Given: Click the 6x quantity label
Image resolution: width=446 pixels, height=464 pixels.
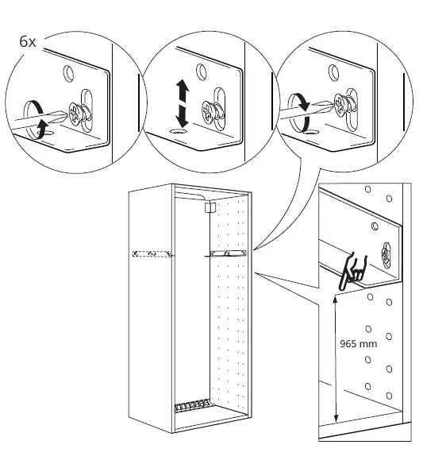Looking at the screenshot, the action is click(x=28, y=41).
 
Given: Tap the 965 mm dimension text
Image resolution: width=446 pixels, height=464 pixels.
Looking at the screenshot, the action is click(x=358, y=344).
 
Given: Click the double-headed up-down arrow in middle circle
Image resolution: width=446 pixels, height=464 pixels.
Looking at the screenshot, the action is click(x=182, y=103).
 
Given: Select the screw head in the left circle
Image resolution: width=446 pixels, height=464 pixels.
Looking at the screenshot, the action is click(x=75, y=114).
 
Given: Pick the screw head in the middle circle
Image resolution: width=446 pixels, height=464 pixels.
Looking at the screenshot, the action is click(x=209, y=111).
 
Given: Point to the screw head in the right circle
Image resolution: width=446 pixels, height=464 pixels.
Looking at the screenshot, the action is click(x=341, y=104).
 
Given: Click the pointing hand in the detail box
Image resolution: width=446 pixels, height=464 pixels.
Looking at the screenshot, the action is click(x=352, y=273).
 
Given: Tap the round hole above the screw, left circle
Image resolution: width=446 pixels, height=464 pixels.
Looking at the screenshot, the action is click(x=68, y=73).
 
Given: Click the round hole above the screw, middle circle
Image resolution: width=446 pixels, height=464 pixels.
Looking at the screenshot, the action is click(x=202, y=72).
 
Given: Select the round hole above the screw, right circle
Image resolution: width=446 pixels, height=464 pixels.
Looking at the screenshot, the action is click(x=333, y=72).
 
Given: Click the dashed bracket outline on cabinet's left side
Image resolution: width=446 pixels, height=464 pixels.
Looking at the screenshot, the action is click(x=152, y=253).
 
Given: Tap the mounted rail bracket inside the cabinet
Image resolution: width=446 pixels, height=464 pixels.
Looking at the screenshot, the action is click(x=228, y=253).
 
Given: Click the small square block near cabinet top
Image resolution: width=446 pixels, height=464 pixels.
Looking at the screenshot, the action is click(x=210, y=207).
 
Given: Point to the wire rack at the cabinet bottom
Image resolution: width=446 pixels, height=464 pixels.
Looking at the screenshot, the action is click(x=192, y=406).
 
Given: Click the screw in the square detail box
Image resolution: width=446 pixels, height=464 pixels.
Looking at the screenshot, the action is click(x=386, y=255).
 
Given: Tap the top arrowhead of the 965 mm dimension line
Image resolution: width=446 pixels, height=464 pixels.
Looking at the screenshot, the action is click(x=335, y=300).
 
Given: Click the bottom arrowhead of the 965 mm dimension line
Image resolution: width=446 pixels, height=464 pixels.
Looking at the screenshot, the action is click(x=336, y=419).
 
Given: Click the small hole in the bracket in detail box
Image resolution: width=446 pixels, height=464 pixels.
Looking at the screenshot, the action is click(x=375, y=226).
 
